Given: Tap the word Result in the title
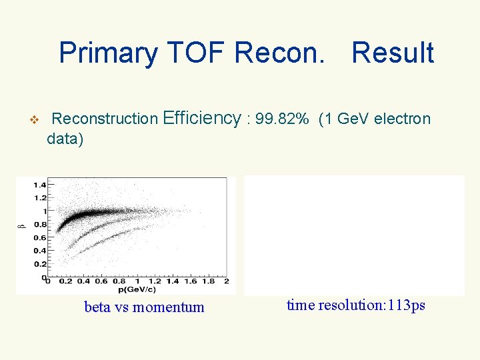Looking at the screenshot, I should pyautogui.click(x=393, y=53).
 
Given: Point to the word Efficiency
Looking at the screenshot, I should pyautogui.click(x=201, y=119).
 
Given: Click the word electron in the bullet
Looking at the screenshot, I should pyautogui.click(x=403, y=119).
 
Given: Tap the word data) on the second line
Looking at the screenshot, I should pyautogui.click(x=65, y=139).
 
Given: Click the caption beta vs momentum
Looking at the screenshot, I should pyautogui.click(x=144, y=307).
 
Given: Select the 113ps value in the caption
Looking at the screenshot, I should pyautogui.click(x=407, y=305).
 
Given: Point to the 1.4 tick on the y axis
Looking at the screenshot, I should pyautogui.click(x=39, y=184).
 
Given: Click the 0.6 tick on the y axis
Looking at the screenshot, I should pyautogui.click(x=39, y=237).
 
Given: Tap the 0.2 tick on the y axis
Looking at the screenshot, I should pyautogui.click(x=39, y=264).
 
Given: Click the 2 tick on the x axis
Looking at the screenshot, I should pyautogui.click(x=226, y=281).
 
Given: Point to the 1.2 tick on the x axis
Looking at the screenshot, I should pyautogui.click(x=154, y=281).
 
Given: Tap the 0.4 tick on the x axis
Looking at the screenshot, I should pyautogui.click(x=82, y=281).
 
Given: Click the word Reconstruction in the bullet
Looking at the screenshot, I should pyautogui.click(x=105, y=119).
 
